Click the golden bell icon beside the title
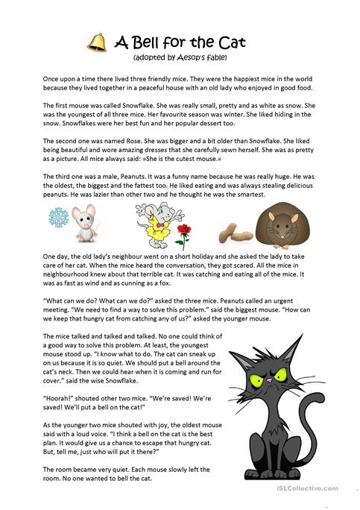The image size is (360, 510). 96,43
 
